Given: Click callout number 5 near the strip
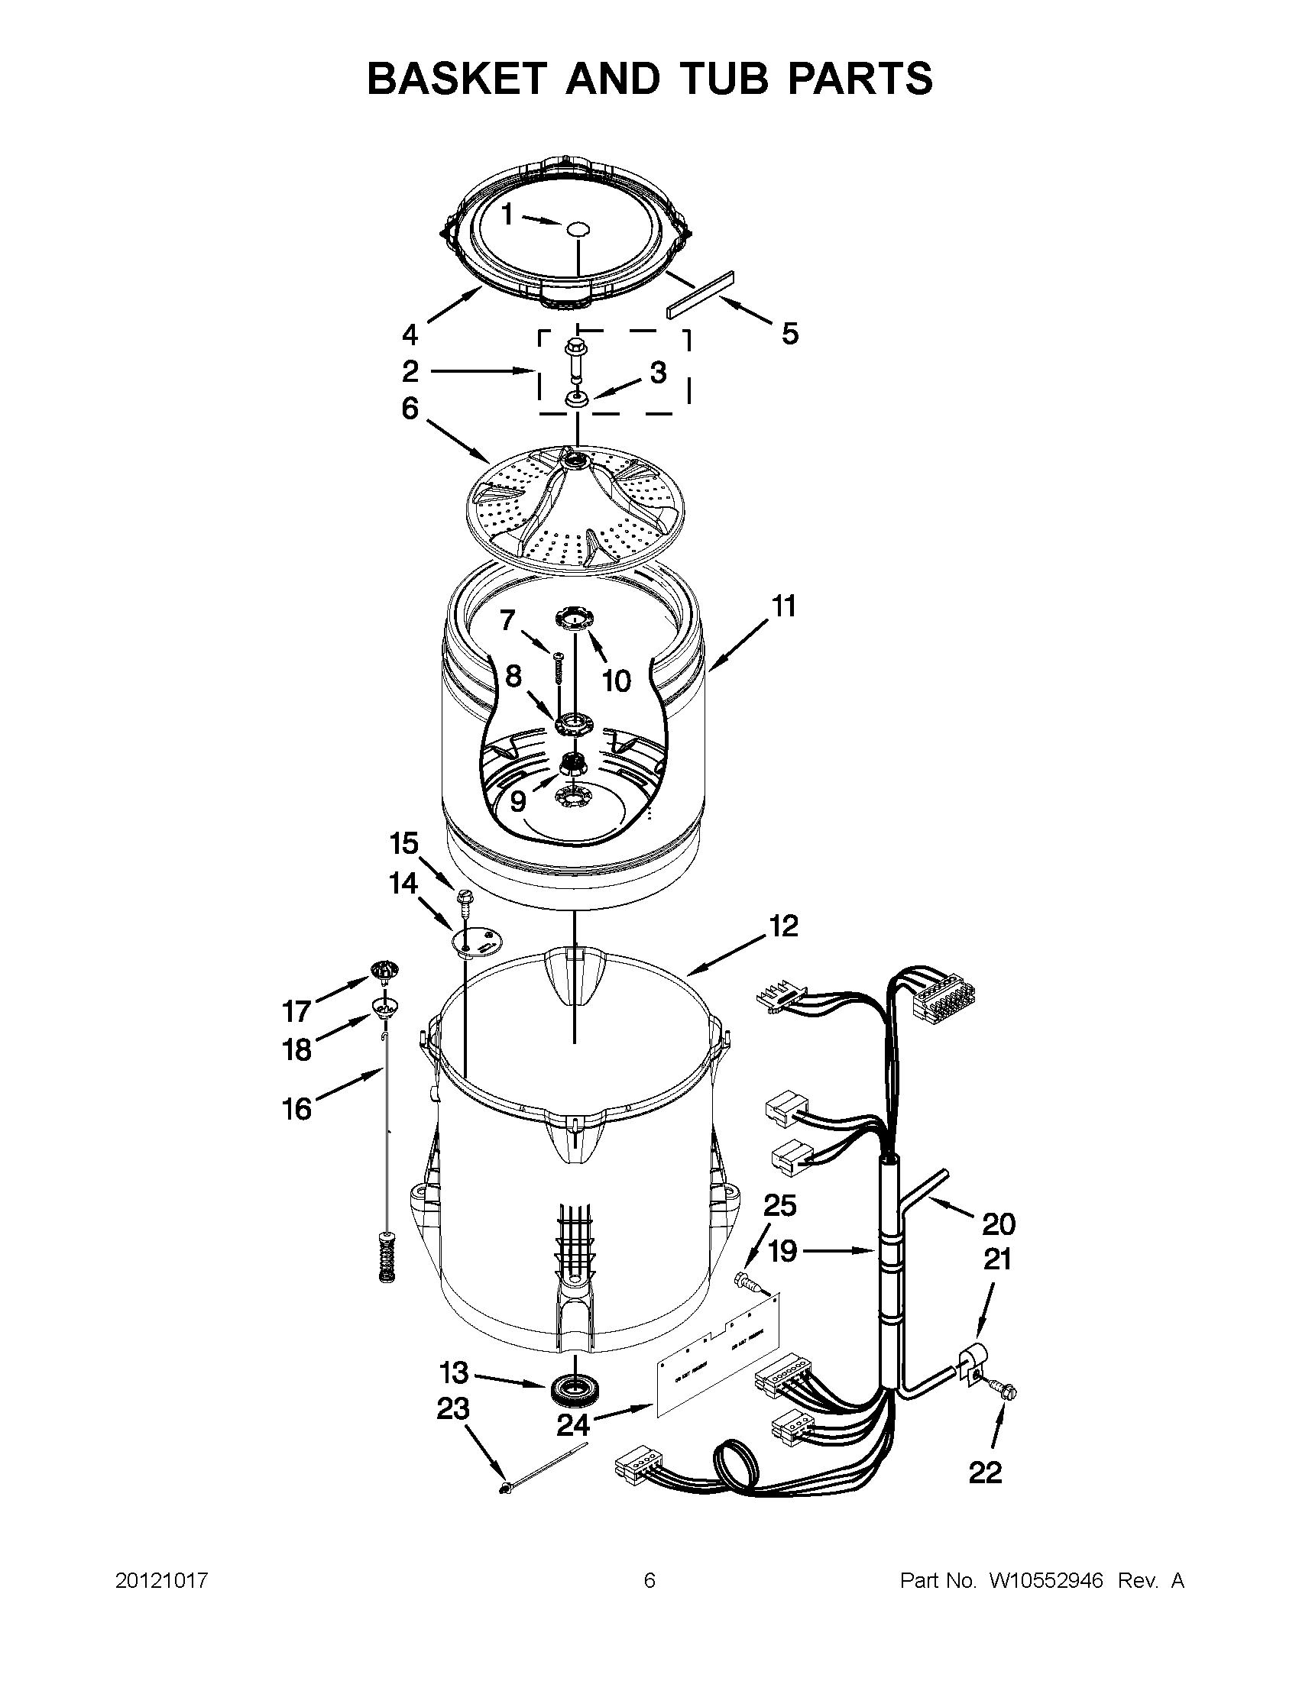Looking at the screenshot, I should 790,334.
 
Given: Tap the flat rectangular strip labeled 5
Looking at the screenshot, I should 701,294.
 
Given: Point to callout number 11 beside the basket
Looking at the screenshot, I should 783,607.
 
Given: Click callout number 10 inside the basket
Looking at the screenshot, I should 616,680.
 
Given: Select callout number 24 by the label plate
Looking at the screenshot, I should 574,1425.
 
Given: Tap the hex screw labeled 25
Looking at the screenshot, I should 747,1282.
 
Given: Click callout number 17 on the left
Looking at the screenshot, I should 296,1010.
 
